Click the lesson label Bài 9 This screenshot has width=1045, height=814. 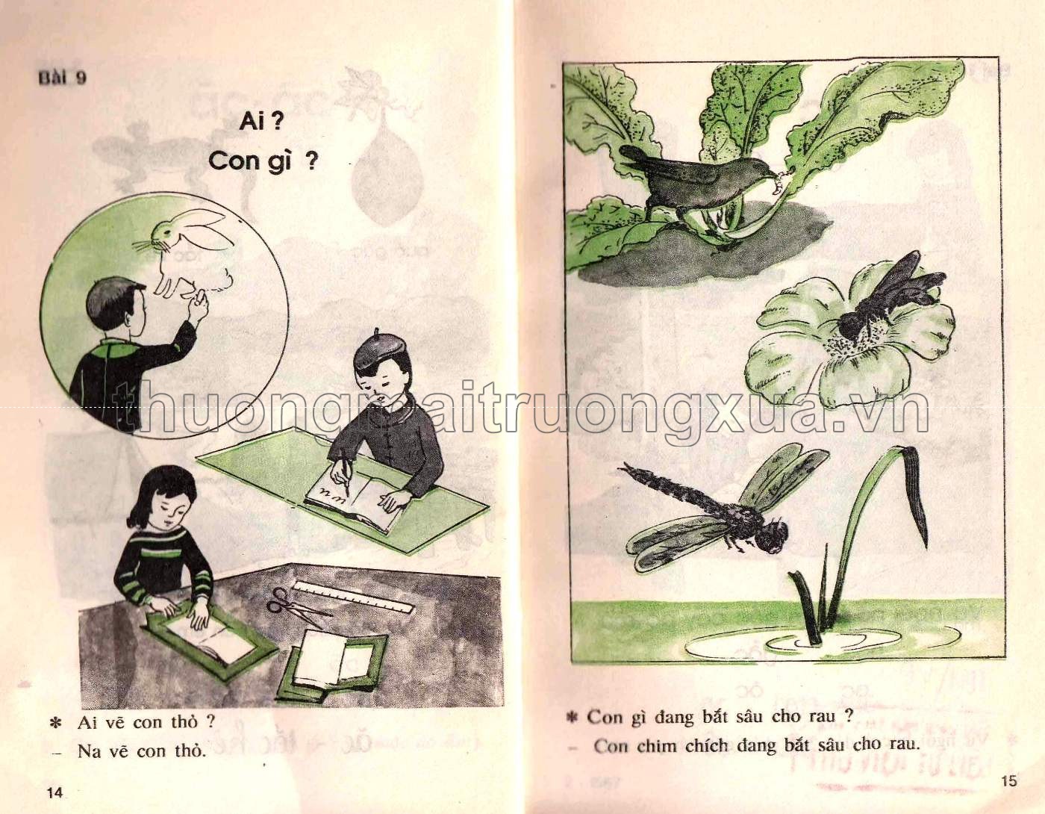(62, 78)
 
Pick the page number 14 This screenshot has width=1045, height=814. (53, 792)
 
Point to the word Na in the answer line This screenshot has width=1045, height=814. (89, 751)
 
